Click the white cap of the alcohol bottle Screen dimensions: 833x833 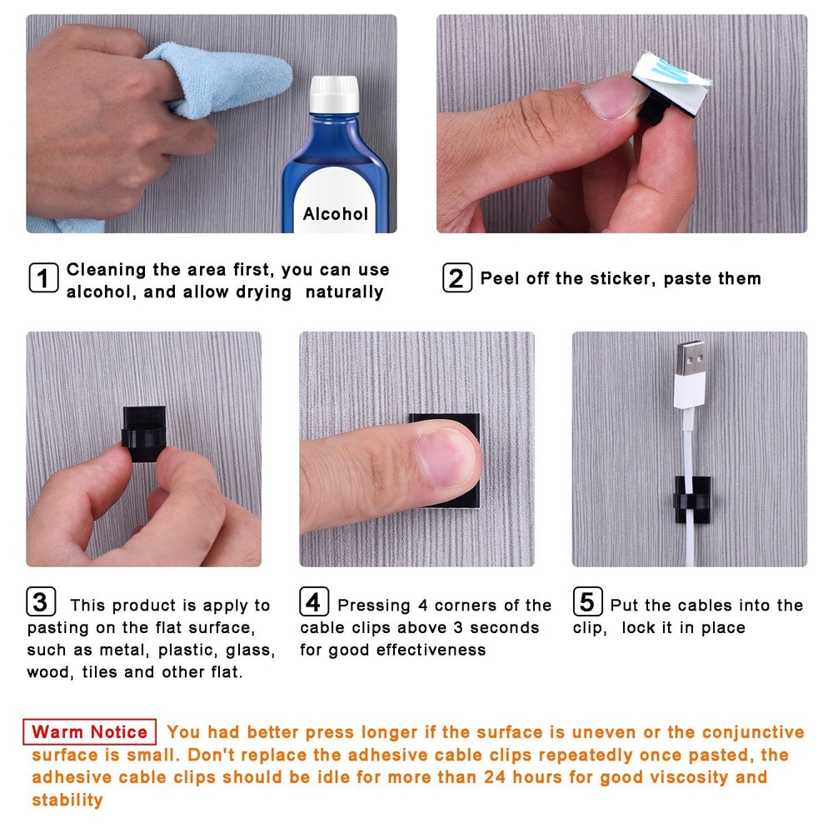point(334,95)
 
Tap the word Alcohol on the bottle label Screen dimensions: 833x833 point(335,213)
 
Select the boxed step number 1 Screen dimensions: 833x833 point(43,278)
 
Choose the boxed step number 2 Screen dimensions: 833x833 point(456,278)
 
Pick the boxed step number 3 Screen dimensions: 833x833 point(41,601)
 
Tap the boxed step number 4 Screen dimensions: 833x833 point(314,601)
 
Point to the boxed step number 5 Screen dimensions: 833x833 point(587,601)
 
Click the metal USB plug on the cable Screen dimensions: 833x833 point(691,357)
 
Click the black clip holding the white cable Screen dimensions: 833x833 point(691,500)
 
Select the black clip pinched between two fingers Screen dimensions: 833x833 point(144,434)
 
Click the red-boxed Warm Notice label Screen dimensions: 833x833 point(89,732)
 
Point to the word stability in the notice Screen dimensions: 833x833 point(67,800)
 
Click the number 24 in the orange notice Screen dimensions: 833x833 point(495,777)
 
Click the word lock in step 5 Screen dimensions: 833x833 point(638,627)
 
